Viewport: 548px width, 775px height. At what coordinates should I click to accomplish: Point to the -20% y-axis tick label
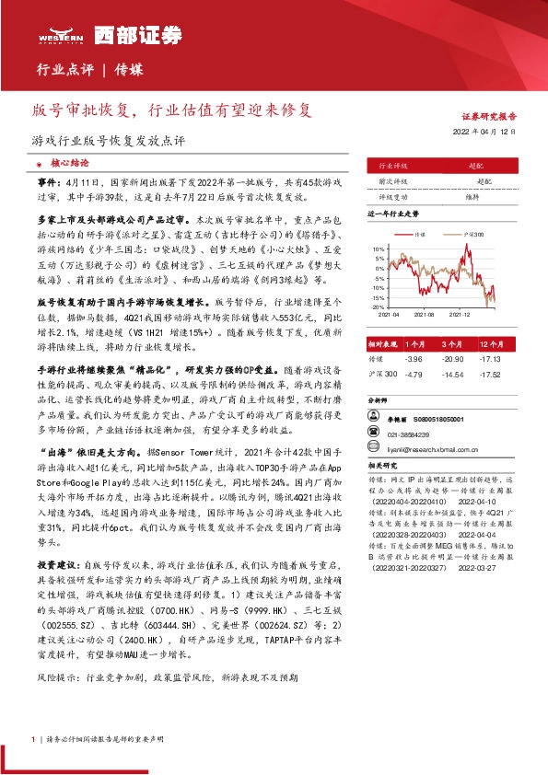click(379, 307)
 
